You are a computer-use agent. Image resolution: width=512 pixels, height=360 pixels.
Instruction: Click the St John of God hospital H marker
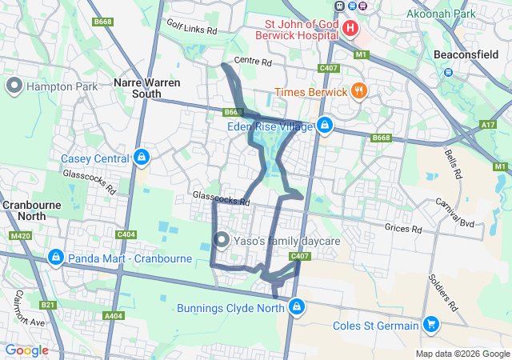tap(350, 29)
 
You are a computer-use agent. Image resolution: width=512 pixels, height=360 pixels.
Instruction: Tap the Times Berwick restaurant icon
tap(358, 91)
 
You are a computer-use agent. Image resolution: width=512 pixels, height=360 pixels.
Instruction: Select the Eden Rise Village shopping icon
tap(324, 126)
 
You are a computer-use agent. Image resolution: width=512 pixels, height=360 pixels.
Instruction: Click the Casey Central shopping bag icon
tap(142, 158)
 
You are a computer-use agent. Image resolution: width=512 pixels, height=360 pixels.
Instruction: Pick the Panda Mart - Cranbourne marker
tap(55, 258)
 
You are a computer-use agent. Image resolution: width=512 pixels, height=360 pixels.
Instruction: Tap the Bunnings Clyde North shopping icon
tap(297, 307)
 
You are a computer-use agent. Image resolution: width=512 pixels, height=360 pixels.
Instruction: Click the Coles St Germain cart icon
tap(431, 325)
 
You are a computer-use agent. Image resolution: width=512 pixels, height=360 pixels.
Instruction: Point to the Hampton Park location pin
tap(14, 86)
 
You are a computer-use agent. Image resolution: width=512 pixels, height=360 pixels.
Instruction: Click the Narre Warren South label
tap(146, 88)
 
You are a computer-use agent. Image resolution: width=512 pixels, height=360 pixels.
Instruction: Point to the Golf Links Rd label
tap(192, 30)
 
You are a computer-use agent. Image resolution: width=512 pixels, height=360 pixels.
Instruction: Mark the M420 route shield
tap(20, 236)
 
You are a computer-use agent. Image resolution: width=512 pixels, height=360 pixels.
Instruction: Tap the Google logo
tap(26, 350)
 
